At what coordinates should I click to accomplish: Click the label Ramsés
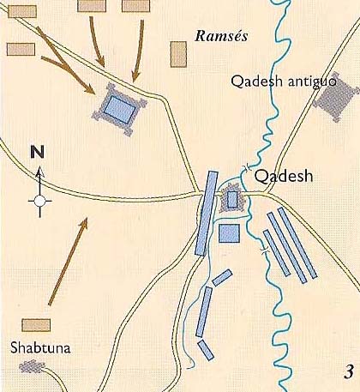click(222, 38)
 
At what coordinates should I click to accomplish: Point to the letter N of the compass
click(37, 153)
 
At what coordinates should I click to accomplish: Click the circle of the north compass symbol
click(38, 202)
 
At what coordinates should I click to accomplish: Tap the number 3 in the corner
click(348, 371)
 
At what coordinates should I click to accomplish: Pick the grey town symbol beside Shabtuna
click(32, 366)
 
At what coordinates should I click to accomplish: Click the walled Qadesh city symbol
click(231, 199)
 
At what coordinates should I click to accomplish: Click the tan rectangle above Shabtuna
click(36, 326)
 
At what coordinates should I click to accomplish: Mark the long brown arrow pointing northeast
click(67, 262)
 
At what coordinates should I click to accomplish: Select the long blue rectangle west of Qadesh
click(207, 213)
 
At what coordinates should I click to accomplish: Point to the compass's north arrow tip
click(38, 170)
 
